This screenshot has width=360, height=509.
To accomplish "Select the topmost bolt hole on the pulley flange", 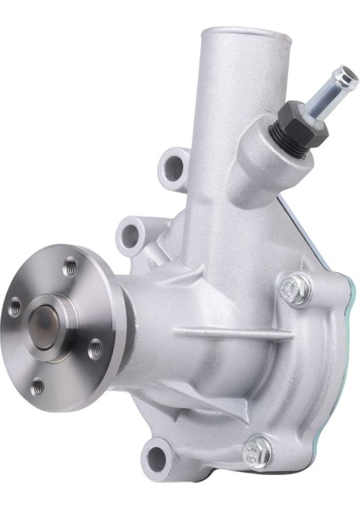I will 71,266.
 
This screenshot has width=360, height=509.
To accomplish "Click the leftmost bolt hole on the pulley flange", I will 14,309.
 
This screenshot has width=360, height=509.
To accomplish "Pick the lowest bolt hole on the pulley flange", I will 37,387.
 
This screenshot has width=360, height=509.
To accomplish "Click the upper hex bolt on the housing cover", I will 293,288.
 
